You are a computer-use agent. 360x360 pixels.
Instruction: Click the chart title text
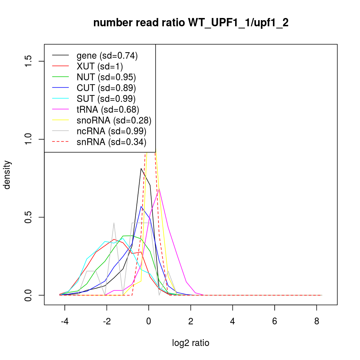191,23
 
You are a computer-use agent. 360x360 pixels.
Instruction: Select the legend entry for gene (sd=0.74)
107,56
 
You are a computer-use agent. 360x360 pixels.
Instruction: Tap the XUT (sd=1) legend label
100,67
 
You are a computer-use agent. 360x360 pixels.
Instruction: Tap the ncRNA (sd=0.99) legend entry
111,131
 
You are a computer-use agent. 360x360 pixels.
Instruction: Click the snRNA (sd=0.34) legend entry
111,142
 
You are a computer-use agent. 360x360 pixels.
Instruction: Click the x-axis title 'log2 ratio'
191,343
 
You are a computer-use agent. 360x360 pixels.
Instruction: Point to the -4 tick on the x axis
65,321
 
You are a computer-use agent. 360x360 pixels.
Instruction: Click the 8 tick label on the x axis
316,321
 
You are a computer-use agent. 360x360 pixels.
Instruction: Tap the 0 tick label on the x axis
149,321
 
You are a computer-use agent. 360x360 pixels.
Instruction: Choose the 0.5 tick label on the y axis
29,217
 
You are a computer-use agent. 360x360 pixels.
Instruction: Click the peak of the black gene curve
141,168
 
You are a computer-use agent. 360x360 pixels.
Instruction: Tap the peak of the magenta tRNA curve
159,188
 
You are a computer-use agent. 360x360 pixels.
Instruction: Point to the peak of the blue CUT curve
141,206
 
